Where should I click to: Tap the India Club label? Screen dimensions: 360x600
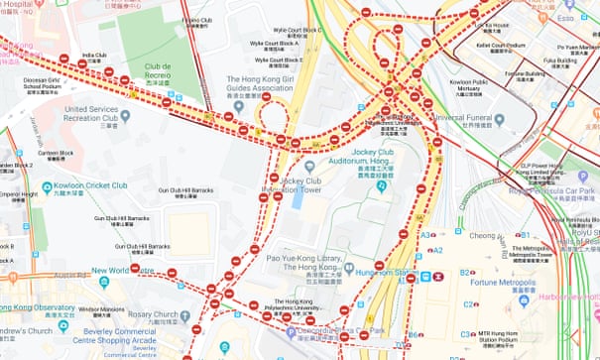tap(95, 58)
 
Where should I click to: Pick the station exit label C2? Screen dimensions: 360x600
tap(465, 305)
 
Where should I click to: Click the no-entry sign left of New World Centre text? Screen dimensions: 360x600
tap(135, 268)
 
